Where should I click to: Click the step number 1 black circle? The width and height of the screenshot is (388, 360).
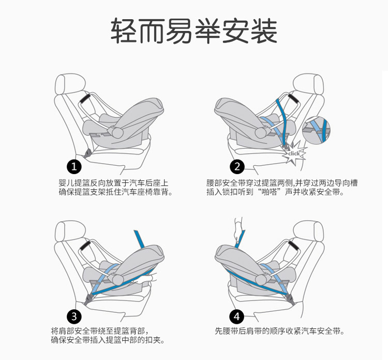pyautogui.click(x=74, y=167)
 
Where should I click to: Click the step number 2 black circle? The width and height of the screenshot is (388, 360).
pyautogui.click(x=237, y=167)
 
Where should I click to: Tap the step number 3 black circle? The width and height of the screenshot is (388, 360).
pyautogui.click(x=74, y=316)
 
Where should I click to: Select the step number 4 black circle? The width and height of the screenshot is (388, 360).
pyautogui.click(x=237, y=316)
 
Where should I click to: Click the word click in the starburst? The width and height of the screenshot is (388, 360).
pyautogui.click(x=294, y=154)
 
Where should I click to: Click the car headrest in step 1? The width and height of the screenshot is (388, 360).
pyautogui.click(x=69, y=84)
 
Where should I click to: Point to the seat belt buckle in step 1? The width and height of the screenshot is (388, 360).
pyautogui.click(x=87, y=154)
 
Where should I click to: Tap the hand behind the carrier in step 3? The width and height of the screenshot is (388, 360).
pyautogui.click(x=145, y=279)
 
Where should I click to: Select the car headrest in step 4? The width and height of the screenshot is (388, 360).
pyautogui.click(x=308, y=231)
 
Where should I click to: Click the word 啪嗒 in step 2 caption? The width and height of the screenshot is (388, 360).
pyautogui.click(x=268, y=192)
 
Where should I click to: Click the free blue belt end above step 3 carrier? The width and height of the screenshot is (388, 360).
pyautogui.click(x=139, y=239)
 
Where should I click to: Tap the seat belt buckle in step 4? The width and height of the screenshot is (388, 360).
pyautogui.click(x=291, y=300)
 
